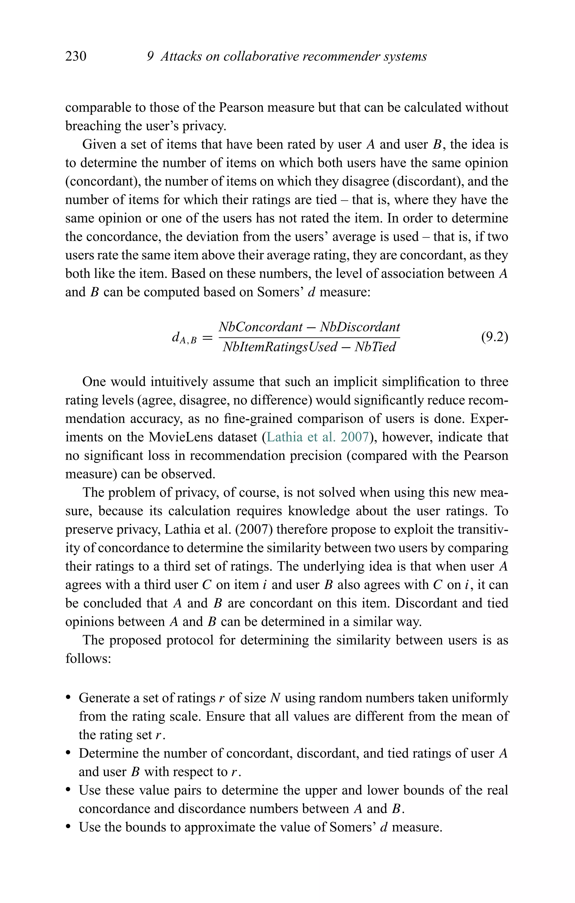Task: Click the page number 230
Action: [x=76, y=57]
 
